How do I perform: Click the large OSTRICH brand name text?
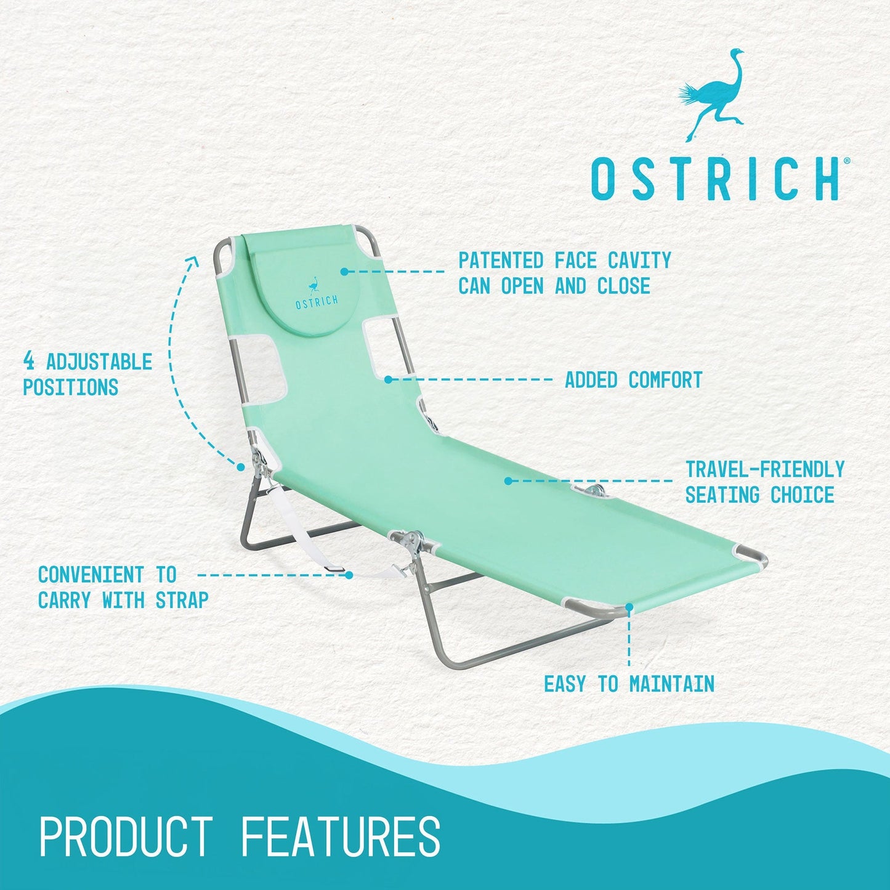click(714, 179)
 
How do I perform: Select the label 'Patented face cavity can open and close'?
click(564, 273)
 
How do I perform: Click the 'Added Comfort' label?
click(634, 380)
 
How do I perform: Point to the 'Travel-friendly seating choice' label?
click(764, 482)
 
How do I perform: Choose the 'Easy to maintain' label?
click(629, 684)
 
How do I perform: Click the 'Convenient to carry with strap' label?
click(123, 587)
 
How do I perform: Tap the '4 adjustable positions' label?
click(87, 374)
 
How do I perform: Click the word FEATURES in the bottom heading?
click(341, 836)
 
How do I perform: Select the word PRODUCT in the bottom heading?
click(126, 836)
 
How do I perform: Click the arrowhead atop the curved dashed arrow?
click(193, 261)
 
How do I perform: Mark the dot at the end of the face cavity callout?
click(344, 271)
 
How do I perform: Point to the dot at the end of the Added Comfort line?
click(388, 379)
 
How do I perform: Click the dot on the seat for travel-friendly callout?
click(508, 480)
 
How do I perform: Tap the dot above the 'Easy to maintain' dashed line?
click(629, 607)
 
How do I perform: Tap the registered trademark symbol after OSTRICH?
click(847, 161)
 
